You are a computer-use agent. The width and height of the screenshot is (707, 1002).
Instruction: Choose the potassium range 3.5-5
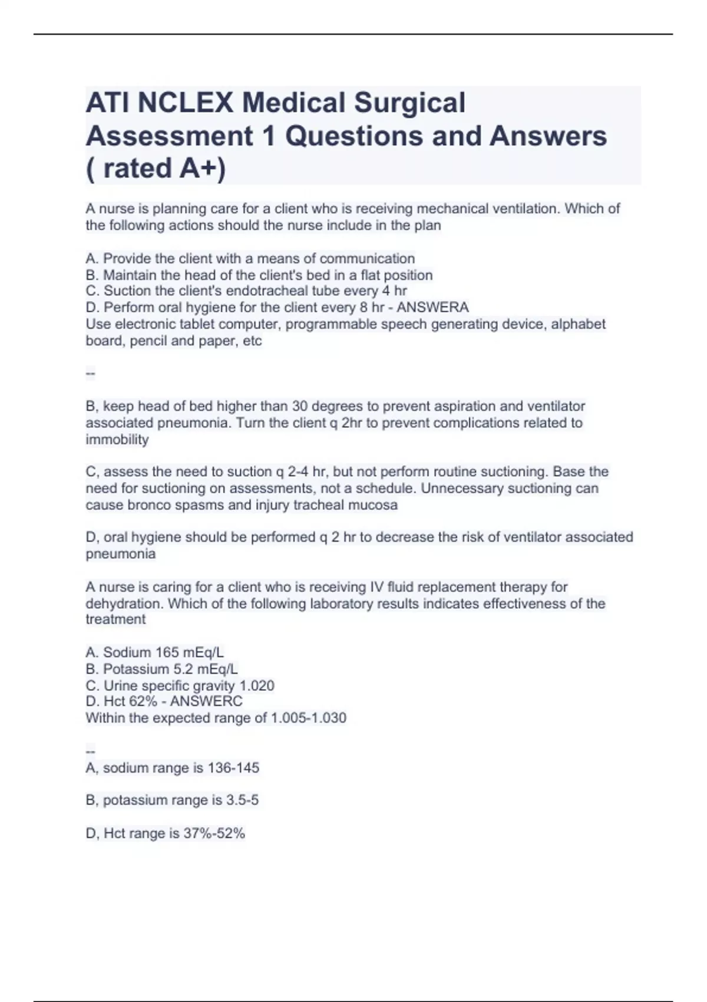click(242, 800)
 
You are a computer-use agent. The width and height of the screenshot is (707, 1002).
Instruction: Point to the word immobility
click(117, 440)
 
